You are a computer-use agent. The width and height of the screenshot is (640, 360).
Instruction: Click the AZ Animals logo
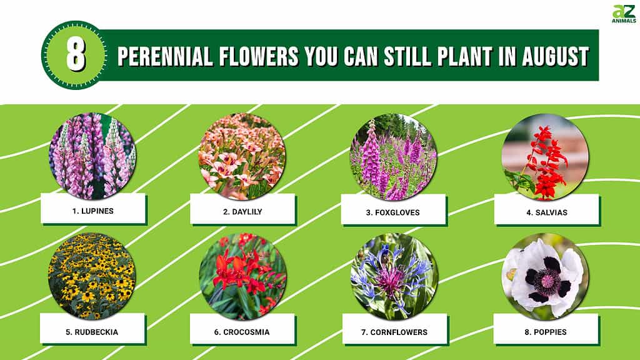pyautogui.click(x=624, y=14)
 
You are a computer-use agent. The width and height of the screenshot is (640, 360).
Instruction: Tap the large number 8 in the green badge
pyautogui.click(x=76, y=55)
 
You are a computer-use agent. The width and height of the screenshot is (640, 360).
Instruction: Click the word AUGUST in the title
pyautogui.click(x=556, y=56)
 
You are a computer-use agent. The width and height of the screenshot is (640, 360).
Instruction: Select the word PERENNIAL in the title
pyautogui.click(x=165, y=56)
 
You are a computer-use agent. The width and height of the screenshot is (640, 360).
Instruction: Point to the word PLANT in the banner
pyautogui.click(x=464, y=56)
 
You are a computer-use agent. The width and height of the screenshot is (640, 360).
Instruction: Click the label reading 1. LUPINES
pyautogui.click(x=93, y=211)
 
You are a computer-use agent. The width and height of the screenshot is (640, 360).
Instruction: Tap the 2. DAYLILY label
pyautogui.click(x=242, y=212)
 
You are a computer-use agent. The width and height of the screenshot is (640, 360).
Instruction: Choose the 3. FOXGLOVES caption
pyautogui.click(x=392, y=212)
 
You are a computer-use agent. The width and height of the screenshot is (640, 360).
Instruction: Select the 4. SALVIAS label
pyautogui.click(x=546, y=212)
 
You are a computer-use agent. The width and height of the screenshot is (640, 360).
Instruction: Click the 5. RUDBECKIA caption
pyautogui.click(x=92, y=332)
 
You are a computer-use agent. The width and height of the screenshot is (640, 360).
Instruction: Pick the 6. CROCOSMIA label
pyautogui.click(x=242, y=332)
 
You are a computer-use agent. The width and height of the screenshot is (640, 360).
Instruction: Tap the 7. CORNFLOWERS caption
pyautogui.click(x=394, y=332)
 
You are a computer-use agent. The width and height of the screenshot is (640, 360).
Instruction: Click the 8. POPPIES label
pyautogui.click(x=545, y=332)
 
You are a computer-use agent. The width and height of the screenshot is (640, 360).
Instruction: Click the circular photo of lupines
pyautogui.click(x=92, y=156)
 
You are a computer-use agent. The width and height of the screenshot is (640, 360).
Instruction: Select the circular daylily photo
pyautogui.click(x=242, y=156)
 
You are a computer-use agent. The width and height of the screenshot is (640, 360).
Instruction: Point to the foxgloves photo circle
pyautogui.click(x=394, y=157)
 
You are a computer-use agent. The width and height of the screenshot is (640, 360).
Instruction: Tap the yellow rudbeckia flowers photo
pyautogui.click(x=92, y=276)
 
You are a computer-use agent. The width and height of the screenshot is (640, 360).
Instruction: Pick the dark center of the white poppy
pyautogui.click(x=546, y=280)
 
